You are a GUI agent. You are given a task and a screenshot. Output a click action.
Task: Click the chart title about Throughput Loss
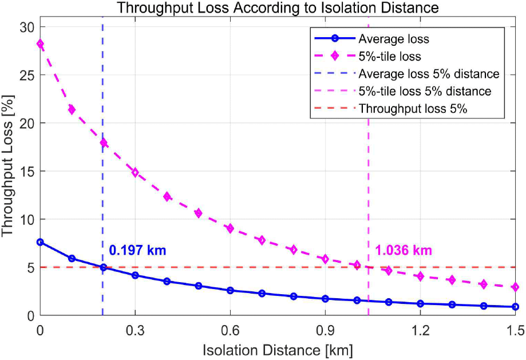(278, 8)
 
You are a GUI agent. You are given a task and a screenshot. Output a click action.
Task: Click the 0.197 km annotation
(137, 250)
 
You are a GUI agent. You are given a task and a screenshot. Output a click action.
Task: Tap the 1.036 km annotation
(403, 250)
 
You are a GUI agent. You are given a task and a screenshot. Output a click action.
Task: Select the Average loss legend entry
(394, 39)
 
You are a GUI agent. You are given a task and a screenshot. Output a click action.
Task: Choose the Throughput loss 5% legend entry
(413, 109)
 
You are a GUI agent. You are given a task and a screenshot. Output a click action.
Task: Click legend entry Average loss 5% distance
(429, 74)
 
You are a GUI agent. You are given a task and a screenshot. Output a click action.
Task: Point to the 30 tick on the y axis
(27, 27)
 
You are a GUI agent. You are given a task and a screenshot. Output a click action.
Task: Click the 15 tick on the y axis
(27, 171)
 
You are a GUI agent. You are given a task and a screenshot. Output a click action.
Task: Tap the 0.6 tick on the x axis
(230, 331)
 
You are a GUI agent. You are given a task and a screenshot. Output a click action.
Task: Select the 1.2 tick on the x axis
(421, 331)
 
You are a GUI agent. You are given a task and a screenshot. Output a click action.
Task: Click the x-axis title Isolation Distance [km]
(278, 349)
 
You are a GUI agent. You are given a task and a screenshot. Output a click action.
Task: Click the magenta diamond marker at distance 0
(40, 43)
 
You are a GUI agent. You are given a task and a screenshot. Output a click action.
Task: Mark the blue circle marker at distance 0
(40, 242)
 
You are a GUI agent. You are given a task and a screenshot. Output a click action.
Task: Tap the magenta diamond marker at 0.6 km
(230, 228)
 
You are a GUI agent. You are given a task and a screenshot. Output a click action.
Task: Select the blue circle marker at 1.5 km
(516, 307)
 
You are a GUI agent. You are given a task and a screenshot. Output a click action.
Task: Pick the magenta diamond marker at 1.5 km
(516, 287)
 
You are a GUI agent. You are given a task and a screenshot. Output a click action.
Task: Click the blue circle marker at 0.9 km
(325, 299)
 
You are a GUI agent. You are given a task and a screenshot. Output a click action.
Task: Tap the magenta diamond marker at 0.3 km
(135, 172)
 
